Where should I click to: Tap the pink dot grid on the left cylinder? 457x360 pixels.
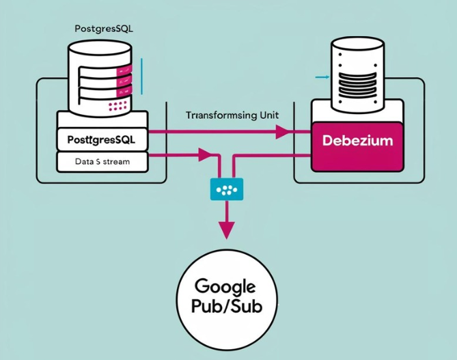click(118, 105)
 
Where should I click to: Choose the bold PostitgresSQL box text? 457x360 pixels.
click(102, 139)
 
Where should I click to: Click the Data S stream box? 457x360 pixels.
click(102, 162)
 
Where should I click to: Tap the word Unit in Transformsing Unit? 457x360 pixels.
click(264, 115)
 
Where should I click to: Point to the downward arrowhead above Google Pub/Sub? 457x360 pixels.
click(224, 231)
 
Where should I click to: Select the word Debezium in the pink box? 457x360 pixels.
click(357, 140)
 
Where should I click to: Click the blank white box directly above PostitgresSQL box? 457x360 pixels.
click(102, 119)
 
